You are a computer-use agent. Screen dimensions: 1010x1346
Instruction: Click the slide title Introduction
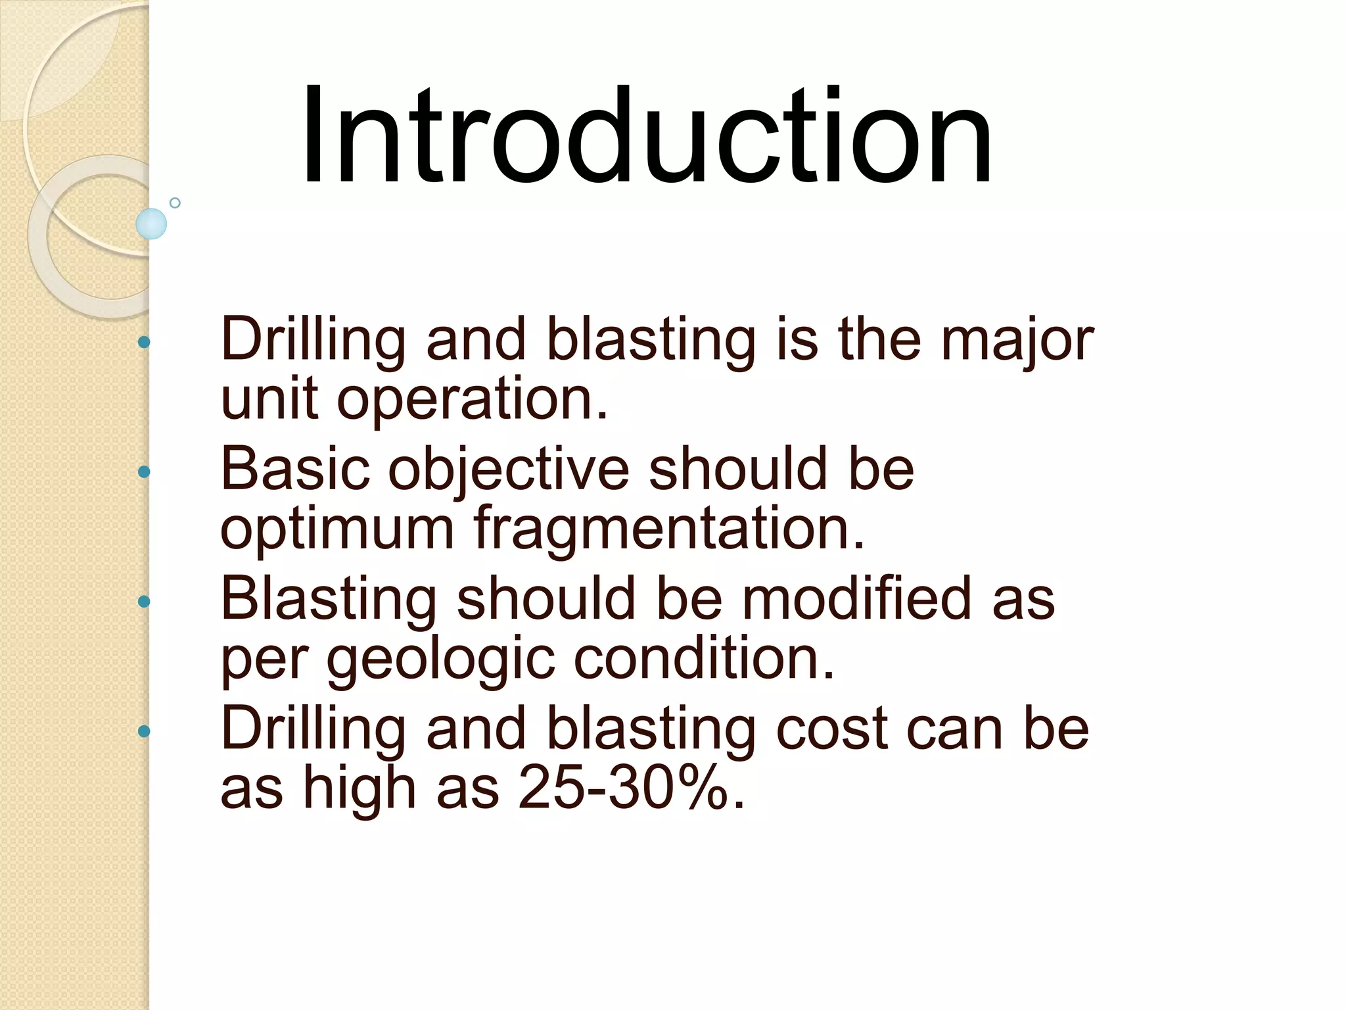pyautogui.click(x=647, y=136)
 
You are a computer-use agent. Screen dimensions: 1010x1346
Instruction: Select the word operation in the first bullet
pyautogui.click(x=472, y=400)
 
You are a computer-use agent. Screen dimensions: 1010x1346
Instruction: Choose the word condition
pyautogui.click(x=704, y=658)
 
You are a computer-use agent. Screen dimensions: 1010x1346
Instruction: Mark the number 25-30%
pyautogui.click(x=631, y=788)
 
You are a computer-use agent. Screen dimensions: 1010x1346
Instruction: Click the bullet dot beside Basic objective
pyautogui.click(x=144, y=471)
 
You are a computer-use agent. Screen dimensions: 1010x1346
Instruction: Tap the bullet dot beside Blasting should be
pyautogui.click(x=144, y=601)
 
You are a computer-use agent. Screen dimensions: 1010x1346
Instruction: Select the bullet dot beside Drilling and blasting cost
pyautogui.click(x=144, y=731)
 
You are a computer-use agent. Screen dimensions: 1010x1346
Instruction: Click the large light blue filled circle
pyautogui.click(x=151, y=224)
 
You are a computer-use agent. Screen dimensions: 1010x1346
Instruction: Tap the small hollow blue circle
pyautogui.click(x=175, y=203)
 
